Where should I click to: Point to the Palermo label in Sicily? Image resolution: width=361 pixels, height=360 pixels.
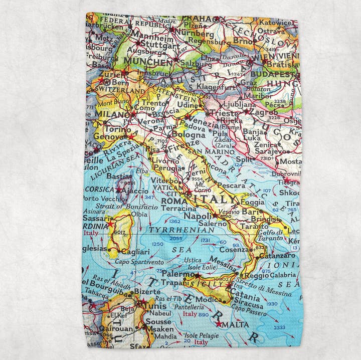coord(178,275)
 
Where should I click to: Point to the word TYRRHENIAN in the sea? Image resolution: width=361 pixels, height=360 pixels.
coord(182,230)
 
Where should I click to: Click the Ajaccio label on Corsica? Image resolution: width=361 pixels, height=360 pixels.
coord(135,191)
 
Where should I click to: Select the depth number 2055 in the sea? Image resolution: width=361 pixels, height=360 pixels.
coord(176,239)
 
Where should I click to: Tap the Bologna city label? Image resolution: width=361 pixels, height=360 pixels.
coord(189,134)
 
